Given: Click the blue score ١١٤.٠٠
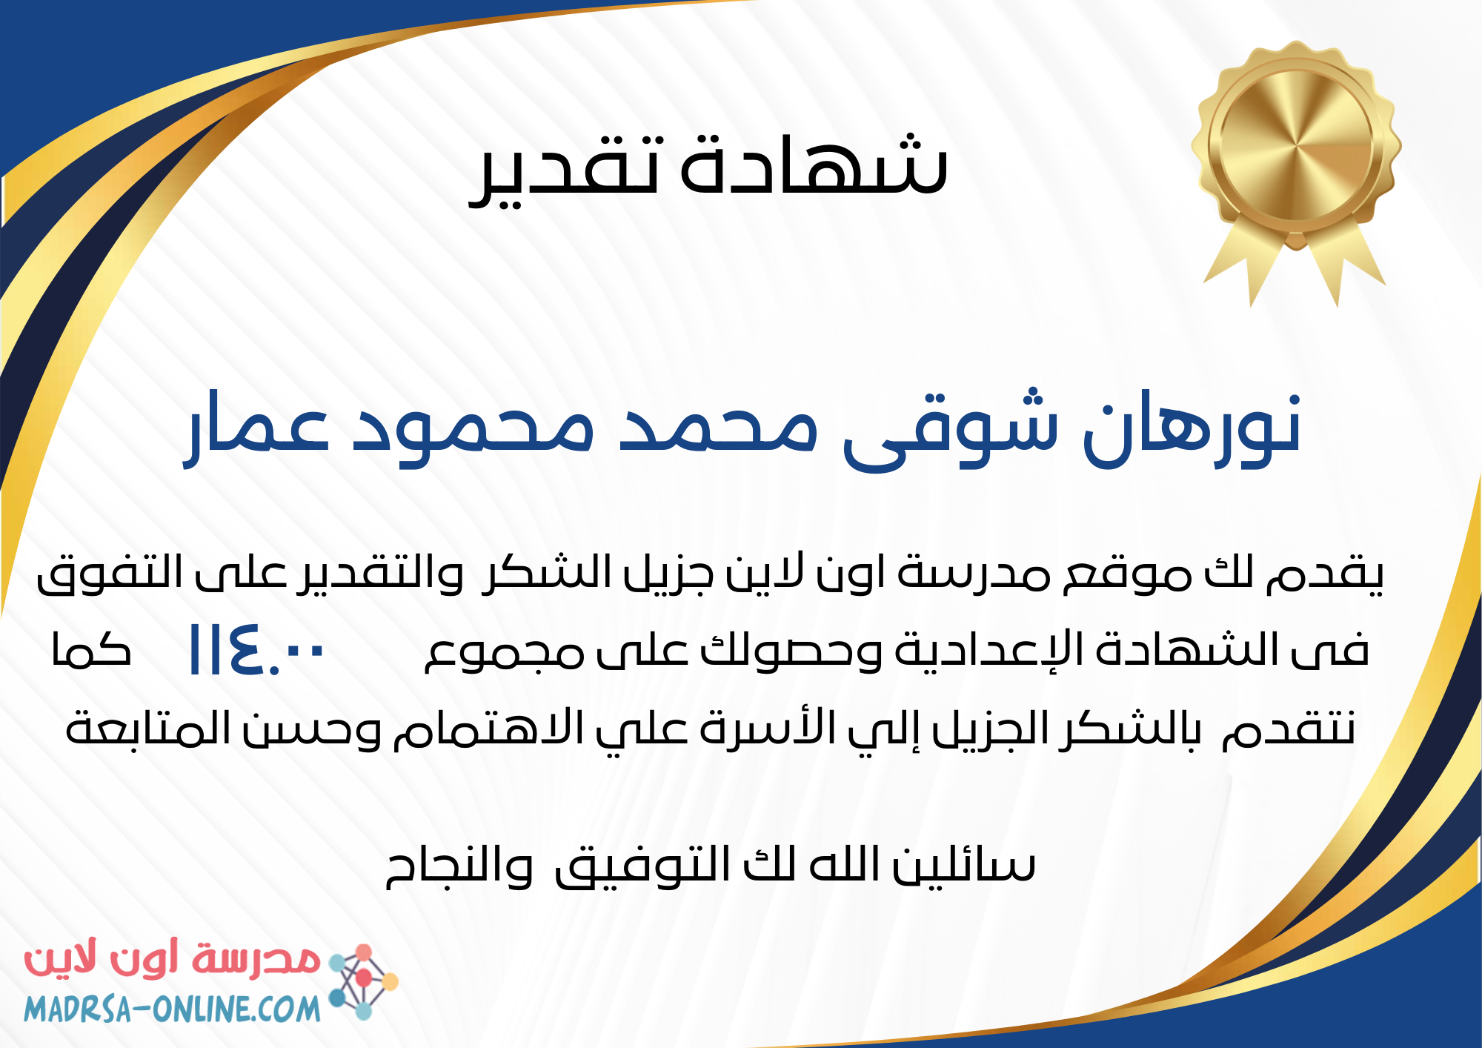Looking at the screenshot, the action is pyautogui.click(x=256, y=650).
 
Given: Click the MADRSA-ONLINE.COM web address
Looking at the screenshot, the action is pyautogui.click(x=172, y=1009).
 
